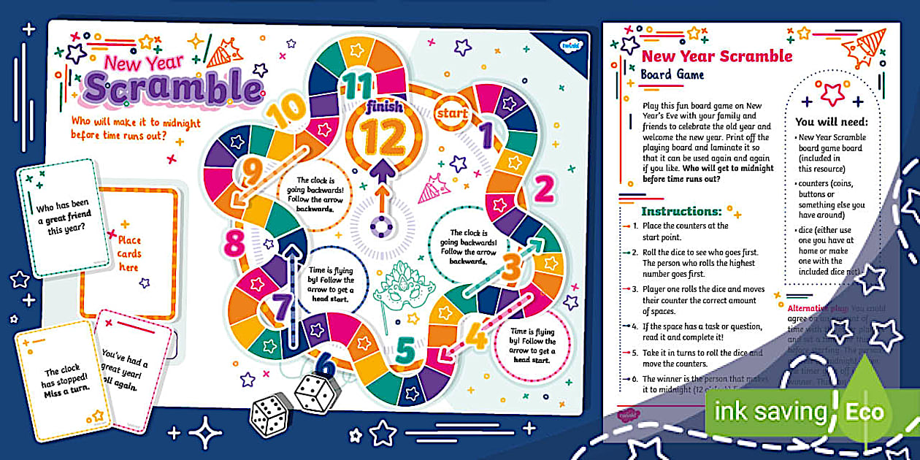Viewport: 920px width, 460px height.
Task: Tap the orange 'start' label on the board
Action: [451, 114]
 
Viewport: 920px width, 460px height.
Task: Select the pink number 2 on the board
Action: [543, 189]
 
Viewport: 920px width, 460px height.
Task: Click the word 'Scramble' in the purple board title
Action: [172, 88]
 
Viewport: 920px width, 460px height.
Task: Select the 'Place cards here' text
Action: [129, 253]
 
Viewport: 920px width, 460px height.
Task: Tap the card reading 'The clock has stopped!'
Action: [61, 379]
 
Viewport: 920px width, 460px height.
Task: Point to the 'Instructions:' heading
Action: [681, 212]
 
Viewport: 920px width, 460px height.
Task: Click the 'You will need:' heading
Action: [832, 122]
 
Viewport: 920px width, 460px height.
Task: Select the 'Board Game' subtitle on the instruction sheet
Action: [672, 74]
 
